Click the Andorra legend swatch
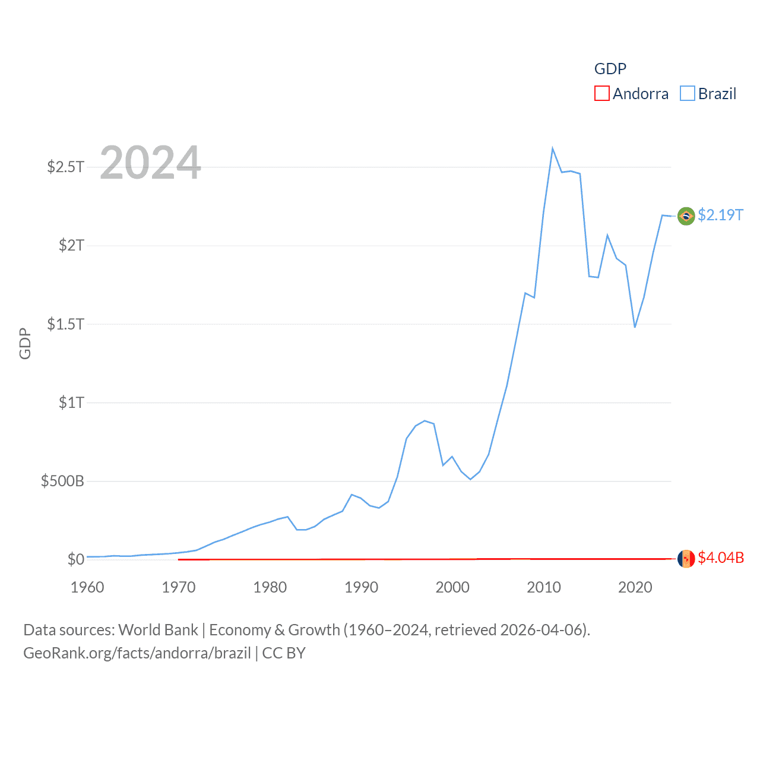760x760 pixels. coord(602,94)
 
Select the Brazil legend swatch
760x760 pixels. coord(688,94)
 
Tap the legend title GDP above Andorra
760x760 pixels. coord(610,69)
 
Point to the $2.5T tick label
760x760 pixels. coord(65,167)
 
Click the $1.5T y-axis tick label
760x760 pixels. coord(65,324)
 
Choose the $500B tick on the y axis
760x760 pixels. coord(62,481)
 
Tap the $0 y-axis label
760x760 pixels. coord(75,559)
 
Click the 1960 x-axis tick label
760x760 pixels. coord(87,587)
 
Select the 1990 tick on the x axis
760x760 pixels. coord(361,587)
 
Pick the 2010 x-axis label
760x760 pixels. coord(544,587)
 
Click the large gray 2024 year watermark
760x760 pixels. coord(150,163)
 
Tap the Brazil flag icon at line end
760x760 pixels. coord(686,216)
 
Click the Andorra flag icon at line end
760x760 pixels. coord(686,559)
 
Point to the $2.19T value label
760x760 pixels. coord(720,215)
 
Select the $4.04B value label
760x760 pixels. coord(721,558)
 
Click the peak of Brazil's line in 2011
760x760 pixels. coord(552,148)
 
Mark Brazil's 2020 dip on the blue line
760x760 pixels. coord(635,327)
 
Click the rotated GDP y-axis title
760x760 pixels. coord(25,343)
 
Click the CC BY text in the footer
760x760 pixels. coord(284,653)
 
